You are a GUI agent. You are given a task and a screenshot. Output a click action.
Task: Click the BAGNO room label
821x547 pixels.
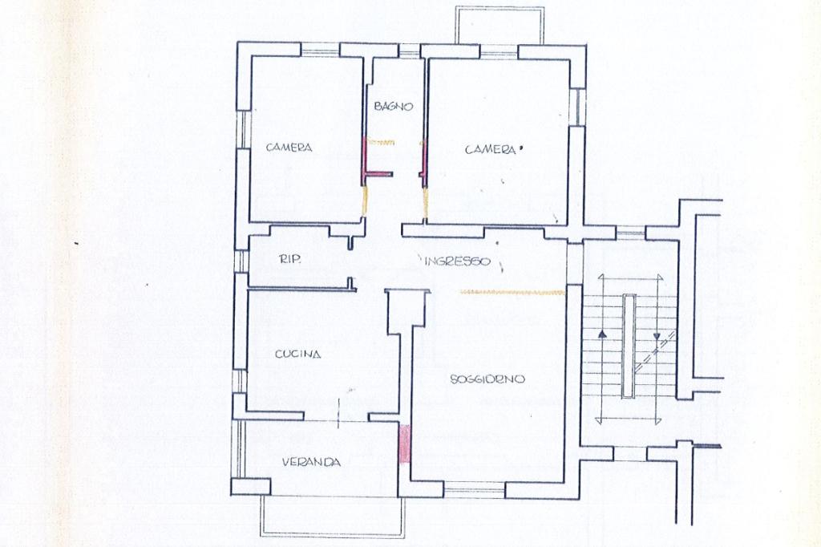pos(394,107)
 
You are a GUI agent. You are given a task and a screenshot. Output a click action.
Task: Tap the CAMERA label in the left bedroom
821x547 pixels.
pos(289,148)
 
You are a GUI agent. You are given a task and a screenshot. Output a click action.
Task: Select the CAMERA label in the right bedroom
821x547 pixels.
pos(490,150)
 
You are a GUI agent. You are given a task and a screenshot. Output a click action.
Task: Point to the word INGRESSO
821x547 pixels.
pos(457,261)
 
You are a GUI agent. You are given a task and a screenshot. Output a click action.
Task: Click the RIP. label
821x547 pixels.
pos(289,259)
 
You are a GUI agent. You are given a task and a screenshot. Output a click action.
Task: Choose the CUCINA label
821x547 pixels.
pos(297,355)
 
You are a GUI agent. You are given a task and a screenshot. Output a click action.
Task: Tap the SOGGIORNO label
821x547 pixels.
pos(487,379)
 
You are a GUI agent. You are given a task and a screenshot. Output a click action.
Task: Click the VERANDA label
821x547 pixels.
pos(312,462)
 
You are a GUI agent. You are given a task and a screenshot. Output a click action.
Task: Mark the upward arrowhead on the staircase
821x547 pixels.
pos(601,333)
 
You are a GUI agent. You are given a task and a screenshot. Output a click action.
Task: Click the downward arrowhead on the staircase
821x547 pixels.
pos(656,337)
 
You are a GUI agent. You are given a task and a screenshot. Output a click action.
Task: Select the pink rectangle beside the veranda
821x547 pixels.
pos(404,444)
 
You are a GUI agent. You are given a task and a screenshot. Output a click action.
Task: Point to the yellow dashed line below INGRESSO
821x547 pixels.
pos(511,292)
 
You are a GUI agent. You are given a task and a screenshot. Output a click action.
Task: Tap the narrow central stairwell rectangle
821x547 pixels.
pos(629,346)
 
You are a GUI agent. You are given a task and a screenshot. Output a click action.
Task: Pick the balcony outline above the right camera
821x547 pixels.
pos(499,25)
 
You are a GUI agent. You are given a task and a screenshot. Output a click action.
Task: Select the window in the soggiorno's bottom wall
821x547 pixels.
pos(475,491)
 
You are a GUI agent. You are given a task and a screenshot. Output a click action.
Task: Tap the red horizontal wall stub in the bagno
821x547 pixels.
pos(378,173)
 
